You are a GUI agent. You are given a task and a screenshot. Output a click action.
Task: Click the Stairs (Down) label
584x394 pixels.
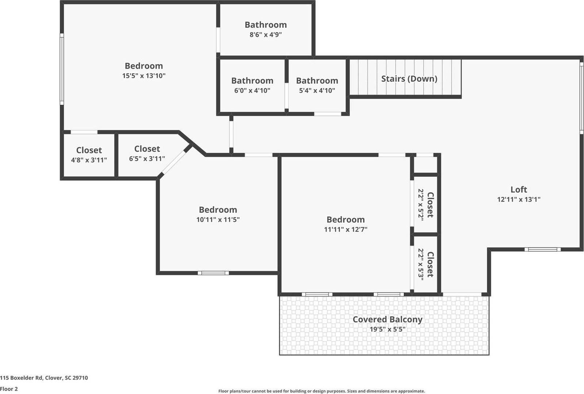(x=409, y=79)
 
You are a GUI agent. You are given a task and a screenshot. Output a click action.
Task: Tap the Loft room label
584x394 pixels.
(x=519, y=190)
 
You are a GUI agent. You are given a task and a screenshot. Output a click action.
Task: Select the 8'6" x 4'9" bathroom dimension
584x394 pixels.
(x=265, y=35)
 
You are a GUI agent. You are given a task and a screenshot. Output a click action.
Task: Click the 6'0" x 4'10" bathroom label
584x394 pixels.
(x=252, y=81)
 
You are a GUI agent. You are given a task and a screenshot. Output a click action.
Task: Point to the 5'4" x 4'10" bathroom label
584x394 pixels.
(x=317, y=81)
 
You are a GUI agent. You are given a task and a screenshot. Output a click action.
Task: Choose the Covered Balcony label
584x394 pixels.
(x=387, y=319)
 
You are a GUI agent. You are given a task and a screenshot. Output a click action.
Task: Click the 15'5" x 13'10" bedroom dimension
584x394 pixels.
(x=144, y=76)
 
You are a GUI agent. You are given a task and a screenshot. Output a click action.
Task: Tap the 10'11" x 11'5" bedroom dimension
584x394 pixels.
(x=218, y=219)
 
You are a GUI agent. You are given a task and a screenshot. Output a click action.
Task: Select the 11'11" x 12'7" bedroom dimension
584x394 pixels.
(x=345, y=229)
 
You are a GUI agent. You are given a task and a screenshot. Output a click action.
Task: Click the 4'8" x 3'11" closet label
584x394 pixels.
(x=89, y=150)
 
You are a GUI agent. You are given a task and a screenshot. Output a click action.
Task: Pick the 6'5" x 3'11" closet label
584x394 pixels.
(x=147, y=149)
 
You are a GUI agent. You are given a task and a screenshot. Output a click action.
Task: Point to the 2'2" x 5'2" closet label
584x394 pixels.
(x=426, y=204)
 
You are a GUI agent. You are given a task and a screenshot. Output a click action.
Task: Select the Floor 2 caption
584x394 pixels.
(x=9, y=389)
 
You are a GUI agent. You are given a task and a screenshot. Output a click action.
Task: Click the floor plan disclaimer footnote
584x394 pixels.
(x=322, y=391)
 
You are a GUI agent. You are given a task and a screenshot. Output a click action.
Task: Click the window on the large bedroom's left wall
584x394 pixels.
(x=62, y=69)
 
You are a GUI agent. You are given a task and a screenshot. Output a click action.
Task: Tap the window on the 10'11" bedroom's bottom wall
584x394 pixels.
(x=214, y=273)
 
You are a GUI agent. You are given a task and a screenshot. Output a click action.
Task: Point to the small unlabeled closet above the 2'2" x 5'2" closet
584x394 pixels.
(x=425, y=164)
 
